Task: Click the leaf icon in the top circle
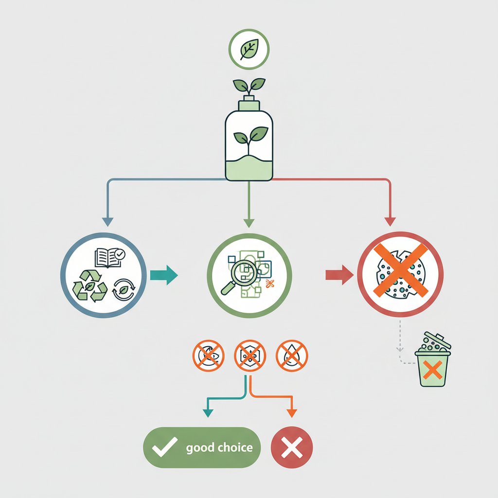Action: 249,50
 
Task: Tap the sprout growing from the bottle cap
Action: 249,86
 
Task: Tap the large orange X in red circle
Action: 399,271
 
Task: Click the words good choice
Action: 219,447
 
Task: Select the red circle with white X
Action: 291,447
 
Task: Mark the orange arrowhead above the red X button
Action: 291,413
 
